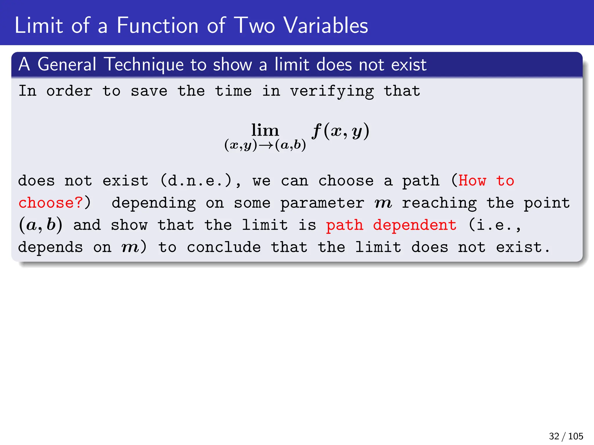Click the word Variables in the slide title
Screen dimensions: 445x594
(x=325, y=25)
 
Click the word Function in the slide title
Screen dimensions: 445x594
(x=157, y=25)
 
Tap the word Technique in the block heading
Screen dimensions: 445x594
(x=144, y=64)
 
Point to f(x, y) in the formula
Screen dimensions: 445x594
(x=341, y=131)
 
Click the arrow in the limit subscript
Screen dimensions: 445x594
(x=266, y=145)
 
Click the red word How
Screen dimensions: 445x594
(x=472, y=181)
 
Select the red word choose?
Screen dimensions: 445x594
(x=51, y=203)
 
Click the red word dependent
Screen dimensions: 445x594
(x=414, y=225)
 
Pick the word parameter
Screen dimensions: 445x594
(x=322, y=203)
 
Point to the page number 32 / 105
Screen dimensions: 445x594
(x=566, y=436)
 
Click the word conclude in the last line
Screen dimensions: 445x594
(x=224, y=247)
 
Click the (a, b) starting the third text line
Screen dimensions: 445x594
(x=41, y=225)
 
